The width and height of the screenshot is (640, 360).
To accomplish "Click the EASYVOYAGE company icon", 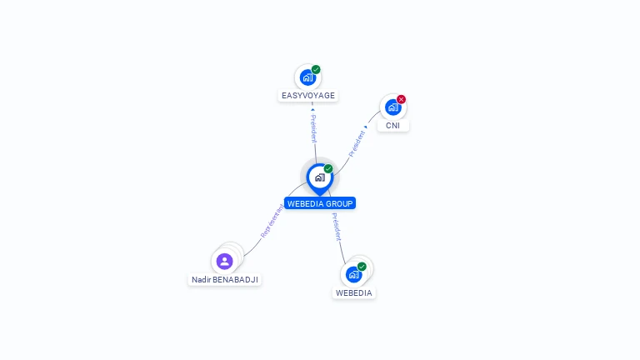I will (307, 77).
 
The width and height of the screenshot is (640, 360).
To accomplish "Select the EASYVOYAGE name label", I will (308, 96).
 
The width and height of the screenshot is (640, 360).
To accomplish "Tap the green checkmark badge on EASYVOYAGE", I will (316, 70).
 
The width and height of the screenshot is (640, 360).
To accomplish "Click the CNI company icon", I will (392, 107).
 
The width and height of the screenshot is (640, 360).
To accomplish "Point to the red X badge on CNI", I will (401, 99).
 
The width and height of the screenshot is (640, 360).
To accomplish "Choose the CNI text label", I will (392, 126).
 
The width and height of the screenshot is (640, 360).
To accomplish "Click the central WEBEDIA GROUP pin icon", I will (319, 177).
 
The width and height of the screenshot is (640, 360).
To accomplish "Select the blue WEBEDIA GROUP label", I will (320, 203).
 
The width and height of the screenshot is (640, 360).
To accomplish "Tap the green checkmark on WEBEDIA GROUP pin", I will (328, 169).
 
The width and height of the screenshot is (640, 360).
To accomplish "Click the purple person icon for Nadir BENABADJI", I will (224, 261).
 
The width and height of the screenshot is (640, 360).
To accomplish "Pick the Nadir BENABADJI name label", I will (225, 280).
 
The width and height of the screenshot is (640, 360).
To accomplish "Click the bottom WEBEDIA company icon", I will (353, 274).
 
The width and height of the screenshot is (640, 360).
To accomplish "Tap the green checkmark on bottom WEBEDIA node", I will (362, 267).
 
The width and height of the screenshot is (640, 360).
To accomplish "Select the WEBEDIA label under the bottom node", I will (354, 293).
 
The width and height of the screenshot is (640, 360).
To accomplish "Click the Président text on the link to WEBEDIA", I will (336, 227).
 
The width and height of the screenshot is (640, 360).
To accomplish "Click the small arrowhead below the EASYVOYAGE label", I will (312, 109).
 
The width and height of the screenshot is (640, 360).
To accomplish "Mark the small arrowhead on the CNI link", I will (366, 127).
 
